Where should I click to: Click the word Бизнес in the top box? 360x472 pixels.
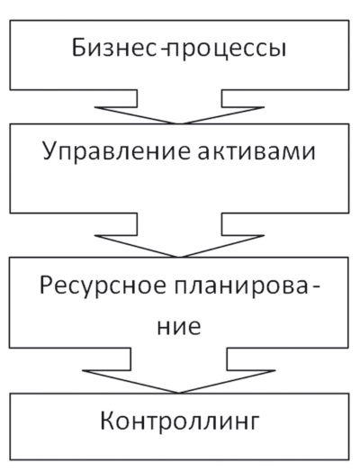point(114,48)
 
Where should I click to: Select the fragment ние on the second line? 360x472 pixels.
point(179,327)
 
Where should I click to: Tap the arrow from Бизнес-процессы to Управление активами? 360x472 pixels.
point(179,107)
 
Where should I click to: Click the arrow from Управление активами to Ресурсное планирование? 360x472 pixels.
point(179,235)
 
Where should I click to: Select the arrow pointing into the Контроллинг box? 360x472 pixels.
point(179,370)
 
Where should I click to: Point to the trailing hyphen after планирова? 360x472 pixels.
point(315,288)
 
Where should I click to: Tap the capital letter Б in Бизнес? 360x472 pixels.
point(78,48)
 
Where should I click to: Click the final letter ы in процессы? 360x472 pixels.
point(277,50)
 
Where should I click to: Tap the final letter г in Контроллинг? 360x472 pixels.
point(253,422)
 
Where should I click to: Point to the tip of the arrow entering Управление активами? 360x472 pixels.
point(179,123)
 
